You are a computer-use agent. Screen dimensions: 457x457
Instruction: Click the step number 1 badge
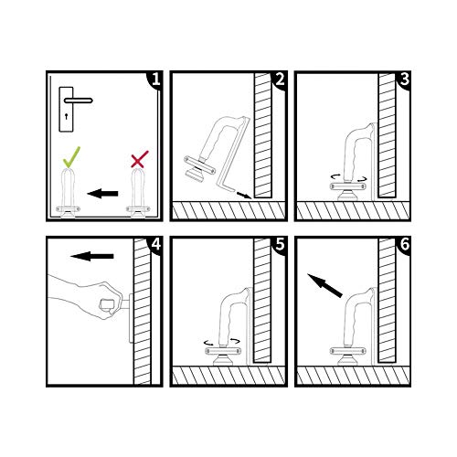point(155,80)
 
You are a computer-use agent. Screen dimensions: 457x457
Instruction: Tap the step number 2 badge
point(280,80)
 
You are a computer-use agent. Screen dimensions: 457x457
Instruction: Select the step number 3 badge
point(404,80)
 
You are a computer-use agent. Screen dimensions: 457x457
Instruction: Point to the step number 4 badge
point(155,244)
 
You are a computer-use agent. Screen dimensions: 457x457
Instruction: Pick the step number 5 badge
point(280,244)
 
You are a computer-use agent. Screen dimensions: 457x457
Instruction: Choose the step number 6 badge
point(404,244)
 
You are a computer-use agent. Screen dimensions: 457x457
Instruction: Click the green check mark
point(71,157)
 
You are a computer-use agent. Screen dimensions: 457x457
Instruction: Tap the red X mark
point(140,159)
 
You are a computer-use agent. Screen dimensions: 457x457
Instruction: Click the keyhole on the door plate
point(66,116)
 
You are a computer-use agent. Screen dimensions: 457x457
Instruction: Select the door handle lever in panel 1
point(79,101)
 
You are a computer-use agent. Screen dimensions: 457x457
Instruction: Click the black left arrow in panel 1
point(102,193)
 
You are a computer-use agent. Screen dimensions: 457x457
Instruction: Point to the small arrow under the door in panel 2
point(244,195)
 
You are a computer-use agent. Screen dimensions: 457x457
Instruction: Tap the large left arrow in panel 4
point(92,256)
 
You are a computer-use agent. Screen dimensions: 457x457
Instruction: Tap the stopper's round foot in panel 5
point(223,361)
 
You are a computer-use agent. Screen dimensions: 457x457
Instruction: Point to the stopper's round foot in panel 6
point(348,361)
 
